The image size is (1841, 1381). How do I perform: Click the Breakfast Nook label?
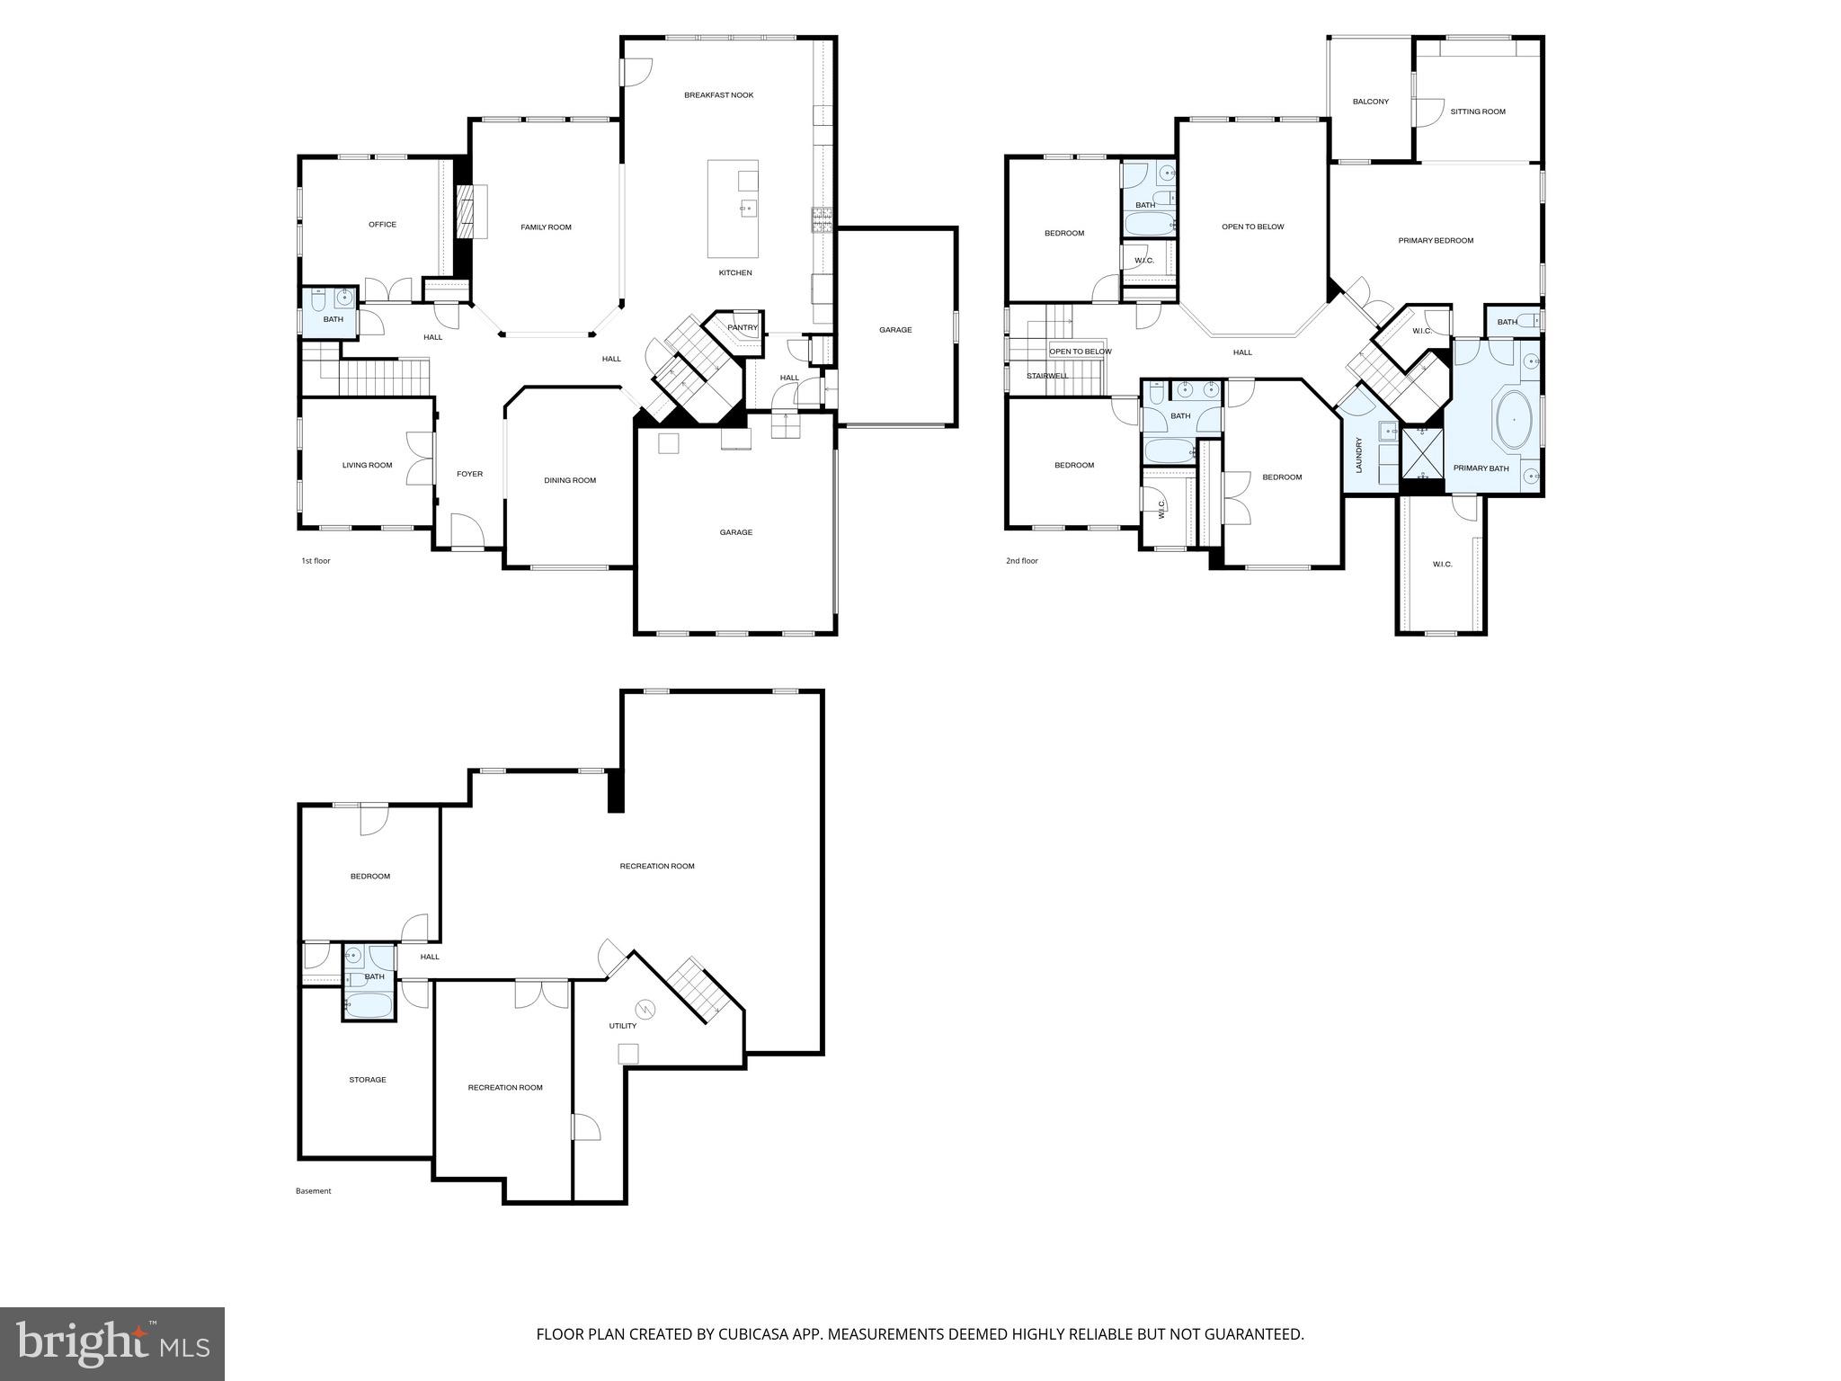718,95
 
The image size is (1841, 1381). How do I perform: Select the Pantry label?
743,328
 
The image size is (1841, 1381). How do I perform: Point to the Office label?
382,225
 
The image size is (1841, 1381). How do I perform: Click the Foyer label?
469,474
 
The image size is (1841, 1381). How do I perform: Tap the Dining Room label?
570,480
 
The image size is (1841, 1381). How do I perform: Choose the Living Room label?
367,466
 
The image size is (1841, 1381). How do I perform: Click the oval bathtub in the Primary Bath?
1514,420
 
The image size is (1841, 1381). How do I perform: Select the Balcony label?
1370,102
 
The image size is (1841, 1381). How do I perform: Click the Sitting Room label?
1477,112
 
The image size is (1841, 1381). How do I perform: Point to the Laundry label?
1359,455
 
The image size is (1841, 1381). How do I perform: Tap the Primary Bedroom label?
1436,241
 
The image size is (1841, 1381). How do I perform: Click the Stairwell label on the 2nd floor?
1047,376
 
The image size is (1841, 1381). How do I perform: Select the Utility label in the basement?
622,1026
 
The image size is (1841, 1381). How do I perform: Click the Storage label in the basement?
367,1080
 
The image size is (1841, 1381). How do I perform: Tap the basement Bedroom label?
369,877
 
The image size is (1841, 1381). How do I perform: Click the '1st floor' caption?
316,561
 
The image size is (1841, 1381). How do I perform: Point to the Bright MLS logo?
112,1343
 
